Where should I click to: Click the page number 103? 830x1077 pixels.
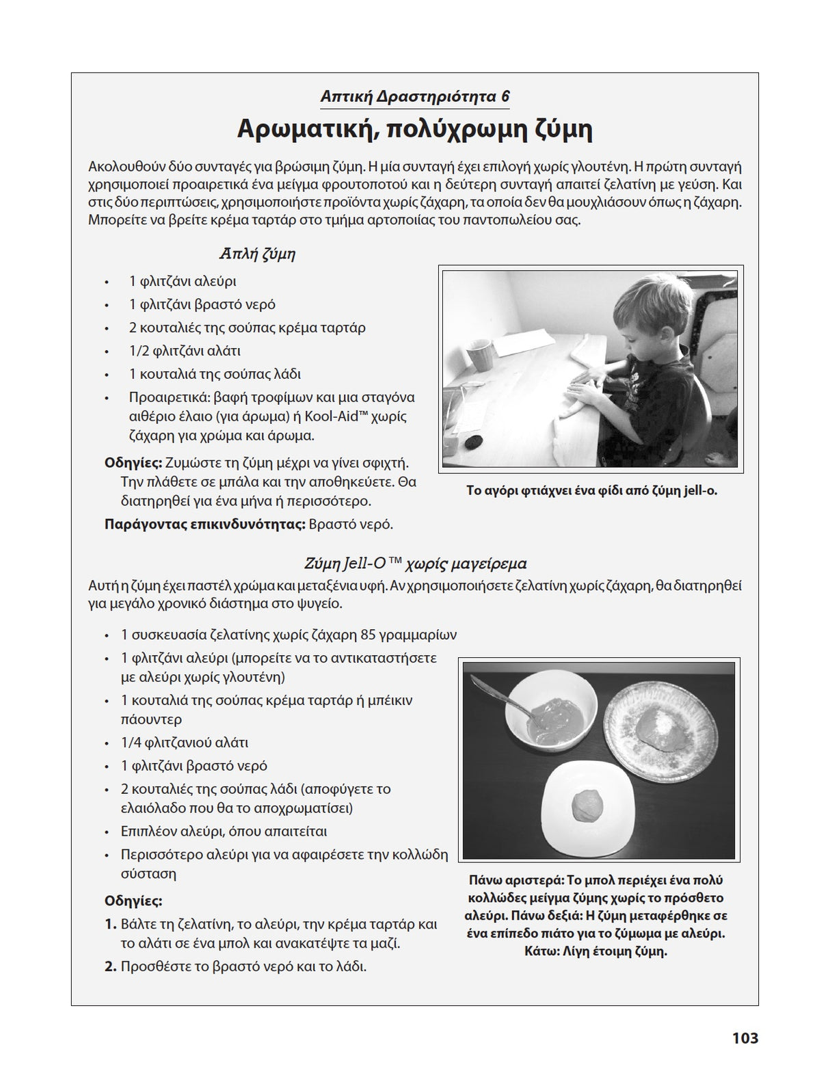tap(745, 1038)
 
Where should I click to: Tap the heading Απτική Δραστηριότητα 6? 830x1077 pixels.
tap(415, 96)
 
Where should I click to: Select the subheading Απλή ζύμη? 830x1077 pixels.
tap(257, 254)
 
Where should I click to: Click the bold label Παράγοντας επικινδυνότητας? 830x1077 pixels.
tap(204, 524)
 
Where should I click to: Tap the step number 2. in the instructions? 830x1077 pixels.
tap(111, 967)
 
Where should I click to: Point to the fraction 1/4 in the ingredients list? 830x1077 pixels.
tap(132, 743)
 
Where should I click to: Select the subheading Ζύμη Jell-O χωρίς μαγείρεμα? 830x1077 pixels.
tap(415, 564)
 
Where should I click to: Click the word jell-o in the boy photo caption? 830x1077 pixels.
tap(699, 490)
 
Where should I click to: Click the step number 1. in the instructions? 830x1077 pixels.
tap(111, 925)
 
